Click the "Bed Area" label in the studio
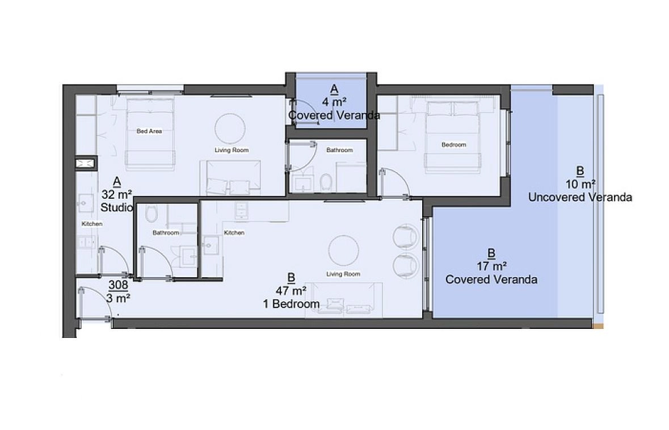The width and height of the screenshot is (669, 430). click(x=149, y=131)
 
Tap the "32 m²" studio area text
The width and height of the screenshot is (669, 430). click(x=116, y=195)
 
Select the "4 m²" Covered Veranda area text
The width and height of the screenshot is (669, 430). click(x=334, y=102)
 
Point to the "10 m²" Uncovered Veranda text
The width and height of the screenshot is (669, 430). click(x=580, y=184)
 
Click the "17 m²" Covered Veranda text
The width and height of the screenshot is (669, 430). click(x=491, y=266)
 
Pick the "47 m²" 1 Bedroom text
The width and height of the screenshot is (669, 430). click(x=291, y=291)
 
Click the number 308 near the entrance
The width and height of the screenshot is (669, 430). click(x=118, y=285)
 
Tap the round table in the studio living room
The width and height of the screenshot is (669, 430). click(x=230, y=128)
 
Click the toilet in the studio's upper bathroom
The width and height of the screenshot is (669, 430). click(x=326, y=182)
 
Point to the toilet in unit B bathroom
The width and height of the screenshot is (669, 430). click(x=151, y=214)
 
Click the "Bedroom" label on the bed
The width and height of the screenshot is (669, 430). click(x=453, y=145)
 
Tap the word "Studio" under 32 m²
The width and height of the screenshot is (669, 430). click(x=116, y=207)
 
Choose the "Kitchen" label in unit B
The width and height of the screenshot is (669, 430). click(x=234, y=233)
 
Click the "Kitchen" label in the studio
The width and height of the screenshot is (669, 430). click(x=92, y=224)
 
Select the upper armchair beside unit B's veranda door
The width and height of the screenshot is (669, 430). click(x=405, y=236)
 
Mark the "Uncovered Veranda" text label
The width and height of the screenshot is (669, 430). click(x=580, y=197)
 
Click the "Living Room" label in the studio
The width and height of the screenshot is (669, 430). click(x=232, y=151)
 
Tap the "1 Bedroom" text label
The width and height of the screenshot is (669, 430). click(x=292, y=304)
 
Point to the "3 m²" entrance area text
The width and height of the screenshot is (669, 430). click(x=118, y=298)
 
